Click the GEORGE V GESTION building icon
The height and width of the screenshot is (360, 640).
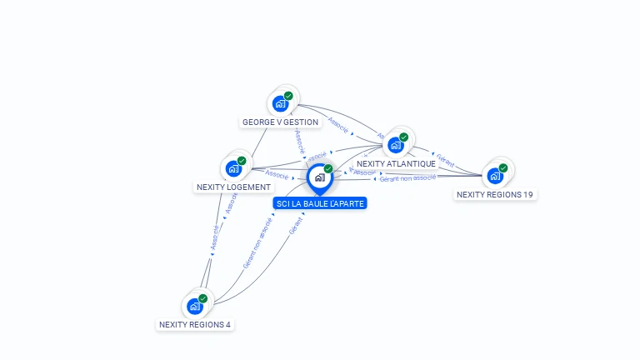(x=280, y=104)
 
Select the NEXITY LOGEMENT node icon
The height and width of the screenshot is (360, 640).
(x=233, y=168)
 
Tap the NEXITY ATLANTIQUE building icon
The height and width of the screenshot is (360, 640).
(x=396, y=145)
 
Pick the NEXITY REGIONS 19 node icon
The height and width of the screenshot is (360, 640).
(x=495, y=176)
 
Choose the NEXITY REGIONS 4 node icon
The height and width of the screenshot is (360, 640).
(x=195, y=306)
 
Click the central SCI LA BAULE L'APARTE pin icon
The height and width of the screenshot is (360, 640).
(x=319, y=177)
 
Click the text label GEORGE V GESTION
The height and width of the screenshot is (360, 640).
(x=280, y=122)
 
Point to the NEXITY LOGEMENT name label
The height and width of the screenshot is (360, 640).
(x=233, y=187)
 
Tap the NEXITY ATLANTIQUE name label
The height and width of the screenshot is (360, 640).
(x=396, y=163)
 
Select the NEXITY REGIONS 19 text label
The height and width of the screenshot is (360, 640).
(x=495, y=194)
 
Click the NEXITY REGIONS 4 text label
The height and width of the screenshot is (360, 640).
(x=195, y=324)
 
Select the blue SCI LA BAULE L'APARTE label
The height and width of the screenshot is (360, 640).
(x=319, y=203)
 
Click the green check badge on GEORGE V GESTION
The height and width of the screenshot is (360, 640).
(x=288, y=96)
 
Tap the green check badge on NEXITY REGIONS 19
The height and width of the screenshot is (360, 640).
(x=503, y=167)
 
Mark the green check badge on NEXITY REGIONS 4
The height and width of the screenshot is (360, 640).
(x=202, y=298)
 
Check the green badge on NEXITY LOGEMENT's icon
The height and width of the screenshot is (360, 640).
(x=242, y=160)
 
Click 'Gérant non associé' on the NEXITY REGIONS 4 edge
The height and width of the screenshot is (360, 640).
(x=257, y=242)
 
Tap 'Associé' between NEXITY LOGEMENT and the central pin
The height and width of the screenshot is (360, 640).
(x=277, y=175)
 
